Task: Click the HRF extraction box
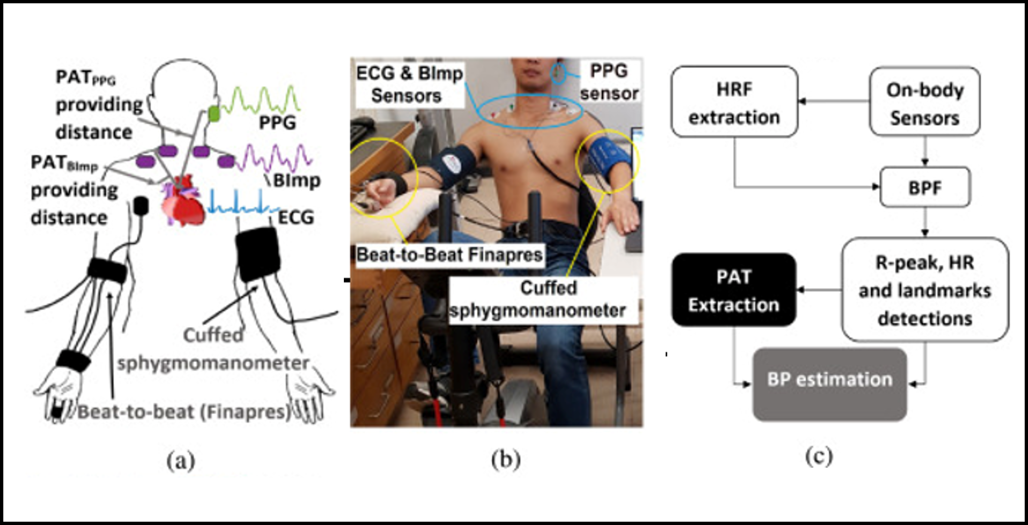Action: pos(734,102)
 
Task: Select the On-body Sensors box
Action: pos(925,102)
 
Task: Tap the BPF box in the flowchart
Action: pos(925,187)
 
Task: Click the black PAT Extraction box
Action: pos(734,290)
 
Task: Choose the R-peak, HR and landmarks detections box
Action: pos(925,290)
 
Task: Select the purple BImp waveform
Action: pos(275,158)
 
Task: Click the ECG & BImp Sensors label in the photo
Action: pos(409,85)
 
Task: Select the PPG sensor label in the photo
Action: pos(609,82)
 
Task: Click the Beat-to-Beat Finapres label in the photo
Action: pos(449,254)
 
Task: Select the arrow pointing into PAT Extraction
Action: pos(818,290)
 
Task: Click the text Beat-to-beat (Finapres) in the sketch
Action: pos(184,412)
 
